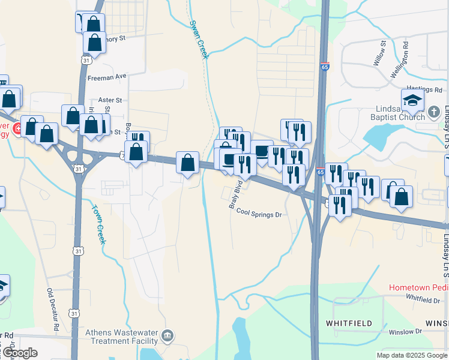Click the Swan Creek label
pyautogui.click(x=198, y=40)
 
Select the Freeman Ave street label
pyautogui.click(x=107, y=77)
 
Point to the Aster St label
pyautogui.click(x=110, y=100)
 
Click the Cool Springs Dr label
pyautogui.click(x=259, y=213)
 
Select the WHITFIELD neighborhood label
pyautogui.click(x=349, y=323)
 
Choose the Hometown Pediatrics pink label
pyautogui.click(x=418, y=287)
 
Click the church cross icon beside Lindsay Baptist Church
pyautogui.click(x=435, y=112)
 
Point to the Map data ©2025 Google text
pyautogui.click(x=411, y=355)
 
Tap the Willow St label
pyautogui.click(x=379, y=53)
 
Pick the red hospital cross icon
pyautogui.click(x=17, y=128)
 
